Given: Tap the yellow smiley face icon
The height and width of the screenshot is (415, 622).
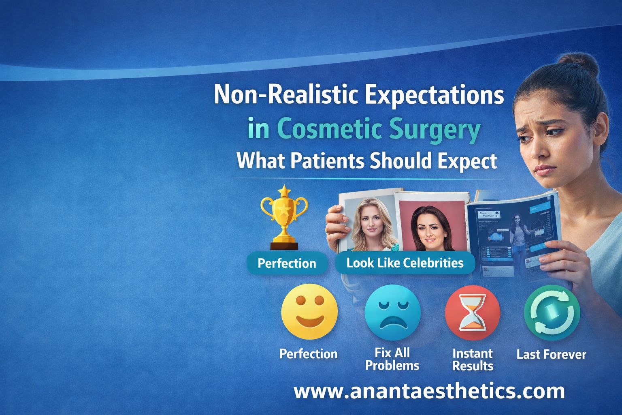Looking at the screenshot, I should point(309,313).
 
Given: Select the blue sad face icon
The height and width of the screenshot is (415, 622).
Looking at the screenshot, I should point(392,313).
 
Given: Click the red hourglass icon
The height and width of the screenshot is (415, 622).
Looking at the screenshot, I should point(473,313).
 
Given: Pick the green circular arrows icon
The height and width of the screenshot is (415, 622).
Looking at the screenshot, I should point(552,313).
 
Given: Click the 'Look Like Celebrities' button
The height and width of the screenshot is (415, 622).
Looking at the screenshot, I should point(405,263).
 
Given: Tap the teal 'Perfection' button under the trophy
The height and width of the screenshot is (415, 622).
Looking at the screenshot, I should point(287,263).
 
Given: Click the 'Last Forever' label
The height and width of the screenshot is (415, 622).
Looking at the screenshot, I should point(551,355).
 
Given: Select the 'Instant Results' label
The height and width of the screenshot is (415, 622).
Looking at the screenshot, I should point(473,359).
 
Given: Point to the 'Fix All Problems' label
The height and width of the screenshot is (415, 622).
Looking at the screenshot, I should point(392,359).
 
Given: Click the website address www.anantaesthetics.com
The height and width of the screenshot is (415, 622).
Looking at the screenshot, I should point(429,391).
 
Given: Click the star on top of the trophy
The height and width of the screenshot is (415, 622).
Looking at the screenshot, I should point(284,190).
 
